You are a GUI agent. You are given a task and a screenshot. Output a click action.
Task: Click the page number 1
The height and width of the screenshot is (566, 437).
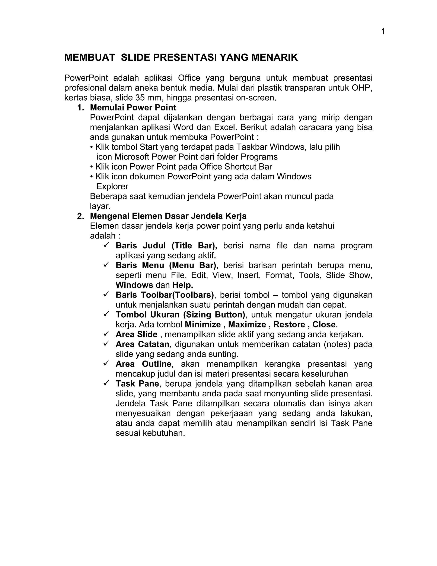pos(383,32)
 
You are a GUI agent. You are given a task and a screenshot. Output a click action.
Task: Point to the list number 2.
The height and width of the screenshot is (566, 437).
pos(80,216)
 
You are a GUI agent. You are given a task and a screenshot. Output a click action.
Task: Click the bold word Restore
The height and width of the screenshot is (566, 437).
pos(289,324)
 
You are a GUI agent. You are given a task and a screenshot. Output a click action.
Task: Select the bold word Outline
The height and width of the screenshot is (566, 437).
pos(156,364)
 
